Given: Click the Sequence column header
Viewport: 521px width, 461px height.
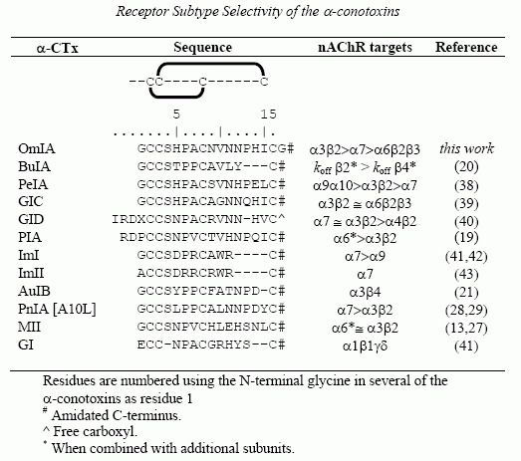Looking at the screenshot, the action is (202, 48).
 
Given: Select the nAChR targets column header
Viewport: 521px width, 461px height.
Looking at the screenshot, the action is (365, 48).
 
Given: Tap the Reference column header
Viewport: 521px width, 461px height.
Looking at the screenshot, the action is (466, 47).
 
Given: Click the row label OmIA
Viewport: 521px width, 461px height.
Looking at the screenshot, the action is (37, 148).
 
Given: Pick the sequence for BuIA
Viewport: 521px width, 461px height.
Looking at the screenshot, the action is (211, 166).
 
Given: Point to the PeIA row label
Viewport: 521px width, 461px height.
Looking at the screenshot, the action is (33, 184).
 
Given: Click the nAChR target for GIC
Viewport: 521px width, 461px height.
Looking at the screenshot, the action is (365, 203).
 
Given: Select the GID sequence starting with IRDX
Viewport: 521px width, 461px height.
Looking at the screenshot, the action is (198, 219).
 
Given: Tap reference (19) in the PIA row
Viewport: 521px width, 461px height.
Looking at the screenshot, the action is (466, 238).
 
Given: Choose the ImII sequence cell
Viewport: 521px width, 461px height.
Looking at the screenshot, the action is (211, 274).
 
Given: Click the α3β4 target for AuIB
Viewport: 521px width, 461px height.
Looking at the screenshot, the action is (365, 293).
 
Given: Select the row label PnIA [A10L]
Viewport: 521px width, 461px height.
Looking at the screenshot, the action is (57, 310).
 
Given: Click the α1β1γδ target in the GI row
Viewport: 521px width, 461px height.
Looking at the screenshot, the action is (365, 346).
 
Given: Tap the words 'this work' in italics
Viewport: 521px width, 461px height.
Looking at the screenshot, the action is (466, 148).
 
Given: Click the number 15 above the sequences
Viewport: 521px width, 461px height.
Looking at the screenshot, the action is (268, 115).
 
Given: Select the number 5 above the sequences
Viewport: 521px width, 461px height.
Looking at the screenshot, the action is (176, 115).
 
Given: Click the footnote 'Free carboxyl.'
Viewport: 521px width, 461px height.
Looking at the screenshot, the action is (90, 431).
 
